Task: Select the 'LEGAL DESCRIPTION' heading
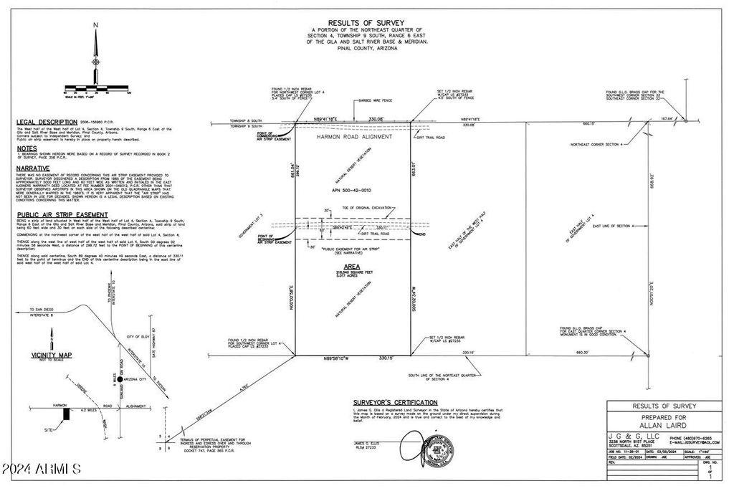tap(47, 122)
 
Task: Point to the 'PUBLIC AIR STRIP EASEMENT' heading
tap(62, 214)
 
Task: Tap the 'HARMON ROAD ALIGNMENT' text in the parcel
tap(354, 136)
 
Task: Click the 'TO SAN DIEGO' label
tap(41, 308)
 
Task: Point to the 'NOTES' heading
tap(27, 149)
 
